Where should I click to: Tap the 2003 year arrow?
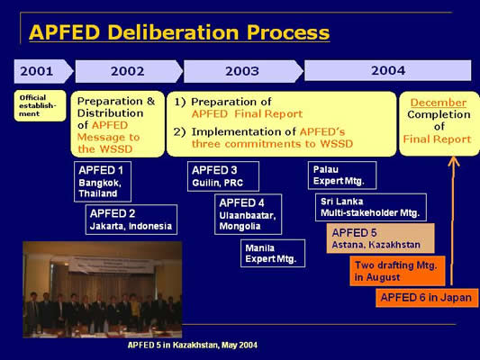243,71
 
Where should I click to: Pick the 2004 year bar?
388,70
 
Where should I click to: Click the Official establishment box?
41,105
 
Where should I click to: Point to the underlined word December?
439,103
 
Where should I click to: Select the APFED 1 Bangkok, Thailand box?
103,182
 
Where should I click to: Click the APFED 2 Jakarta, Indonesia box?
131,220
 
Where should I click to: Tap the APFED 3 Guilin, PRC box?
223,176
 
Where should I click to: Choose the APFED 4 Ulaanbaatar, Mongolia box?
249,214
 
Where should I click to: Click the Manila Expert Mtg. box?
273,253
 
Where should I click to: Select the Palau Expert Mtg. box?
342,175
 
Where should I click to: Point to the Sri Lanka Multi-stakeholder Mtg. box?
371,207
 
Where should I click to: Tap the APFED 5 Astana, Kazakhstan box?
381,238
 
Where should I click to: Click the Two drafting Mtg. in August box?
398,271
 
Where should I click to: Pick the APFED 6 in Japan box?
427,298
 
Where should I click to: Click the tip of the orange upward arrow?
453,157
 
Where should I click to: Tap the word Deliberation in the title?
173,32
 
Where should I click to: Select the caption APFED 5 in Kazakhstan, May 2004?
193,345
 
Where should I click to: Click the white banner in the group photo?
111,265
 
